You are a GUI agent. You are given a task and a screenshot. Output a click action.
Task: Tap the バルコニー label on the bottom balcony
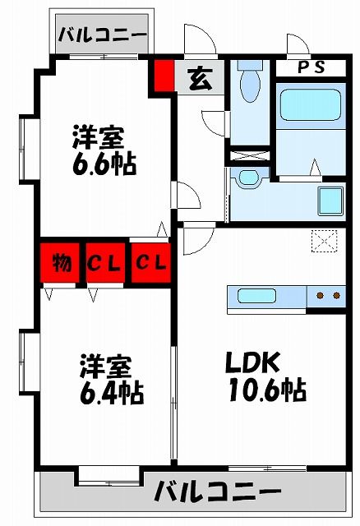tap(218, 493)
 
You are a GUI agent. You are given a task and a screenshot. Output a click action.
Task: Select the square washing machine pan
tap(330, 200)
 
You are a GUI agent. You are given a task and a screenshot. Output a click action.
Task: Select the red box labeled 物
tap(61, 263)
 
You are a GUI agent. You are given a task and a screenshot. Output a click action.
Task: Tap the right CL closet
tap(151, 263)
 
